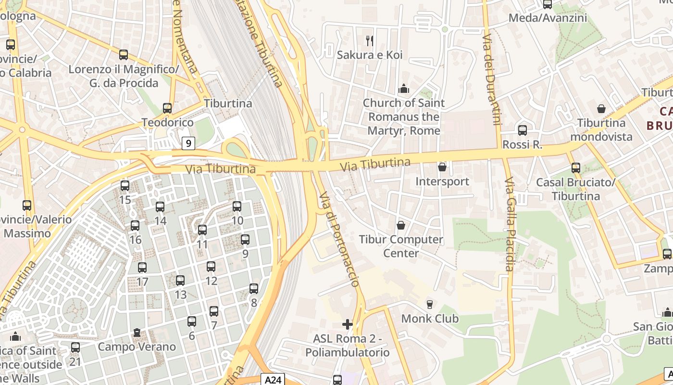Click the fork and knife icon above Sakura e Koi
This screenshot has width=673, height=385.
pyautogui.click(x=369, y=40)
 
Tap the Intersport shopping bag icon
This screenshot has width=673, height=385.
pyautogui.click(x=442, y=167)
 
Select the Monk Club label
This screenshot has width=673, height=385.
pyautogui.click(x=430, y=319)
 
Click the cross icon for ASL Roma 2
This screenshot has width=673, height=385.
pyautogui.click(x=348, y=324)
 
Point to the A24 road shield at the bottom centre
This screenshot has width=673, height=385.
pyautogui.click(x=273, y=380)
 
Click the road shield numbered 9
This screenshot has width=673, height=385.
pyautogui.click(x=188, y=143)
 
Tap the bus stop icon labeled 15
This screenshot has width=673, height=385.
pyautogui.click(x=125, y=185)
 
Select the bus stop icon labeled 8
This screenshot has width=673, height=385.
pyautogui.click(x=254, y=289)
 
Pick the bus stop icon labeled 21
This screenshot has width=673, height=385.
pyautogui.click(x=75, y=347)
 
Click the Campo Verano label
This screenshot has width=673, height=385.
pyautogui.click(x=137, y=346)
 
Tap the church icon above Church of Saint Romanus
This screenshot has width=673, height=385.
pyautogui.click(x=404, y=89)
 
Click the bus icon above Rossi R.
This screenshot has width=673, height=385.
pyautogui.click(x=523, y=130)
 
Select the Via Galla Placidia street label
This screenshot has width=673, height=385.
pyautogui.click(x=510, y=224)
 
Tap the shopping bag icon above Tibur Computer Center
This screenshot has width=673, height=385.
pyautogui.click(x=401, y=225)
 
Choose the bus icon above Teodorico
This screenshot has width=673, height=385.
pyautogui.click(x=167, y=108)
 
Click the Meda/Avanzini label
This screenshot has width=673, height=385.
pyautogui.click(x=548, y=18)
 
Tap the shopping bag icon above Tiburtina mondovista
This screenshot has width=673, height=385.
pyautogui.click(x=601, y=109)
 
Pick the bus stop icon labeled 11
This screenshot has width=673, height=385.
pyautogui.click(x=202, y=230)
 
